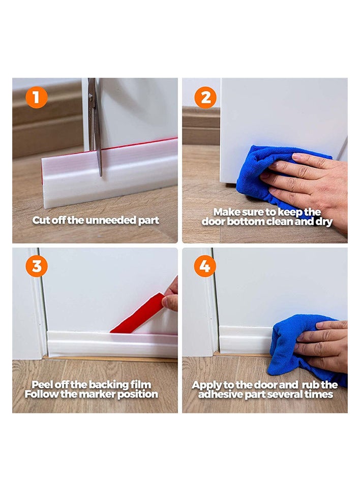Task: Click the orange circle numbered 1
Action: [36, 97]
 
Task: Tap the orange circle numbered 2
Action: [205, 97]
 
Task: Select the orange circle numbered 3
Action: [36, 266]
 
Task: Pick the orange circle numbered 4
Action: [205, 266]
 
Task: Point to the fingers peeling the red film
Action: [171, 296]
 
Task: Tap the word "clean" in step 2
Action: [278, 222]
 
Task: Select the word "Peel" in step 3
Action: [42, 385]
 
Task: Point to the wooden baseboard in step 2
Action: [201, 126]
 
